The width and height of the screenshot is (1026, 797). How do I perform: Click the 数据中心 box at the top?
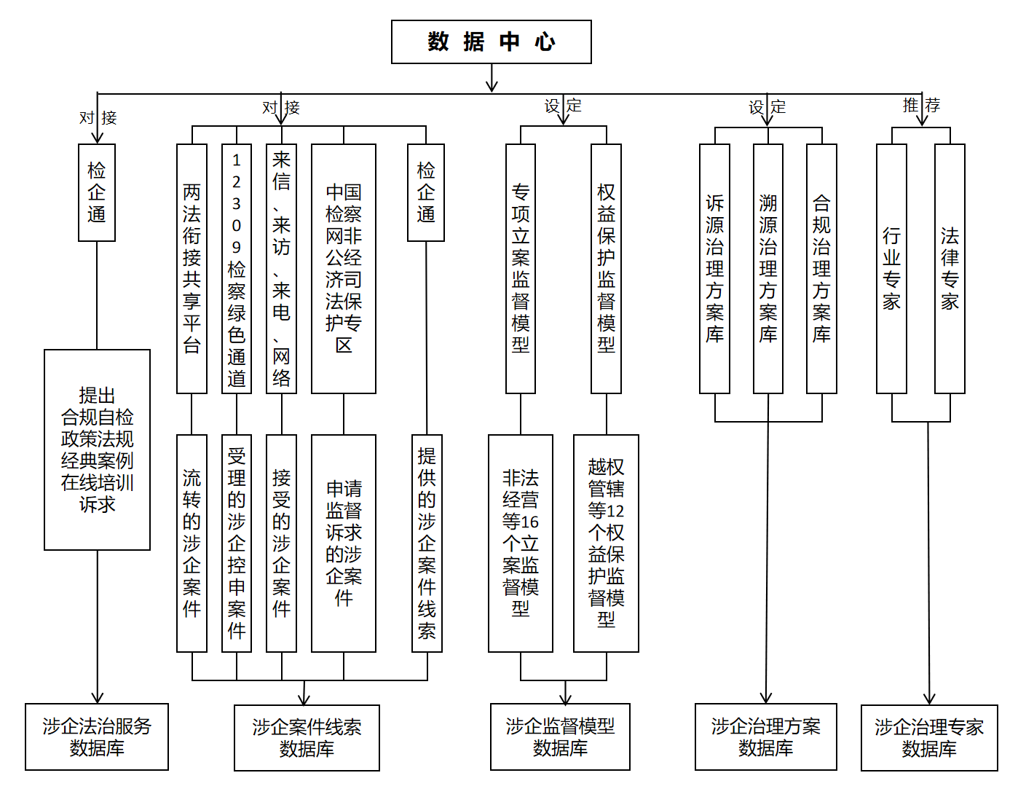(491, 42)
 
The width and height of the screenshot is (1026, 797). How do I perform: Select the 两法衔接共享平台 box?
(192, 268)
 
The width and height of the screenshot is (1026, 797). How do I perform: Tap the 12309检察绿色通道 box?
(237, 268)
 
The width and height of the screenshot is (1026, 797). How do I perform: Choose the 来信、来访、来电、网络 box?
(281, 268)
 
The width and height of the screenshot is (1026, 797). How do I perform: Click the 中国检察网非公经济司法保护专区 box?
(343, 268)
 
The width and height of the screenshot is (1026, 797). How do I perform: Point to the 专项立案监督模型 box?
(520, 268)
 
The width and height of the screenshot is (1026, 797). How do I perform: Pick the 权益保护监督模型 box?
(606, 268)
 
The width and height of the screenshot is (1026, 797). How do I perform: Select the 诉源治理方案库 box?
(714, 268)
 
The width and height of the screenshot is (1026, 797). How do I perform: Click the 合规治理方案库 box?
(821, 268)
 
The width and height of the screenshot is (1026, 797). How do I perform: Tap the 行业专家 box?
(891, 268)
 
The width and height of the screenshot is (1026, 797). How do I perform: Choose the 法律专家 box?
(950, 268)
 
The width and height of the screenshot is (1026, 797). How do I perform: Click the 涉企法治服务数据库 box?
(97, 737)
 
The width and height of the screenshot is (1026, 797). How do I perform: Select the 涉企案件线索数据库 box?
(307, 737)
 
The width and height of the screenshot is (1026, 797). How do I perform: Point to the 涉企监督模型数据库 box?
(560, 737)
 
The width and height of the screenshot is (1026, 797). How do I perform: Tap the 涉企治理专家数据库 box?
(929, 737)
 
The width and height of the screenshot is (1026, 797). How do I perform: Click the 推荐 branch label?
(921, 106)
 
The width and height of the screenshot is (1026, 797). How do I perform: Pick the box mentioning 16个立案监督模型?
(520, 543)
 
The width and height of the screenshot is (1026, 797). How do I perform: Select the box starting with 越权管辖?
(606, 543)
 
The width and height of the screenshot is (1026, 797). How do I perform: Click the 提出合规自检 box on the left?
(97, 449)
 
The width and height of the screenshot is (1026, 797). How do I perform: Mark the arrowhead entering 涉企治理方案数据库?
(765, 698)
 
